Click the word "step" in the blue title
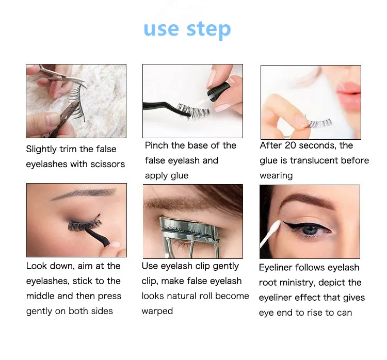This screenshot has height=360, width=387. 208,30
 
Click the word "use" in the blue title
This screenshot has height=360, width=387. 161,29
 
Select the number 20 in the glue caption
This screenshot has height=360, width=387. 290,145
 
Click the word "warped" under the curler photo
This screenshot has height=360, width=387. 157,311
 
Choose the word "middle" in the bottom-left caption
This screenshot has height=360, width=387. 40,296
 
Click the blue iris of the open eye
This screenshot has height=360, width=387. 311,230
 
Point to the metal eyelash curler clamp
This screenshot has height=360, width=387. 188,230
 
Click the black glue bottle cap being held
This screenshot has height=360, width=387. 219,91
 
